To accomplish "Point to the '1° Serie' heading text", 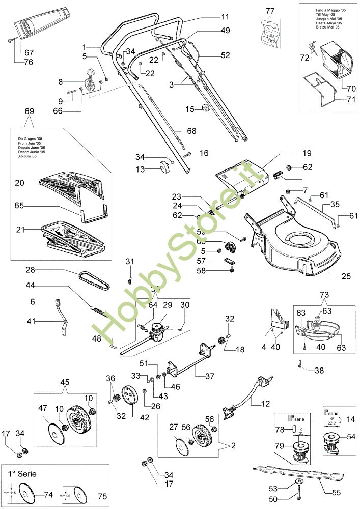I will pos(22,473).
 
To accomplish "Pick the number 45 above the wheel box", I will pos(65,382).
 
